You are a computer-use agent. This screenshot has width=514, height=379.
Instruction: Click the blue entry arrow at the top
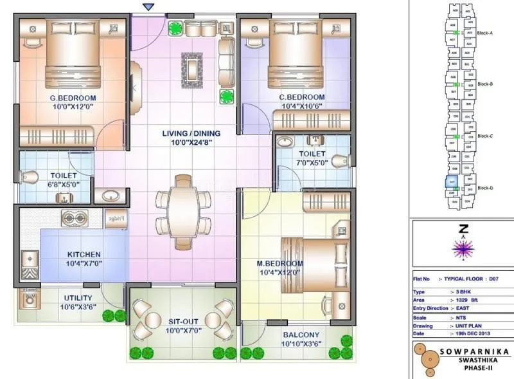[x=149, y=6]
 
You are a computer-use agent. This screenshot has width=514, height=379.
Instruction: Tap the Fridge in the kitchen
[x=116, y=219]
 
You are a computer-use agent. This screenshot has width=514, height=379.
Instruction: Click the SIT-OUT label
[x=183, y=322]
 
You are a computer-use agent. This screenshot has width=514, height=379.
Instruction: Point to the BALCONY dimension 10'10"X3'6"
[x=301, y=344]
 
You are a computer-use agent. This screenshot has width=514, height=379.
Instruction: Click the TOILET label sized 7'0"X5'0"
[x=312, y=154]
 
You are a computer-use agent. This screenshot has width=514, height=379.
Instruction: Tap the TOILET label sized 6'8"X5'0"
[x=64, y=175]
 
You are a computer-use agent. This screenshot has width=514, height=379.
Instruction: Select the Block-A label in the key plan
[x=485, y=32]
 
